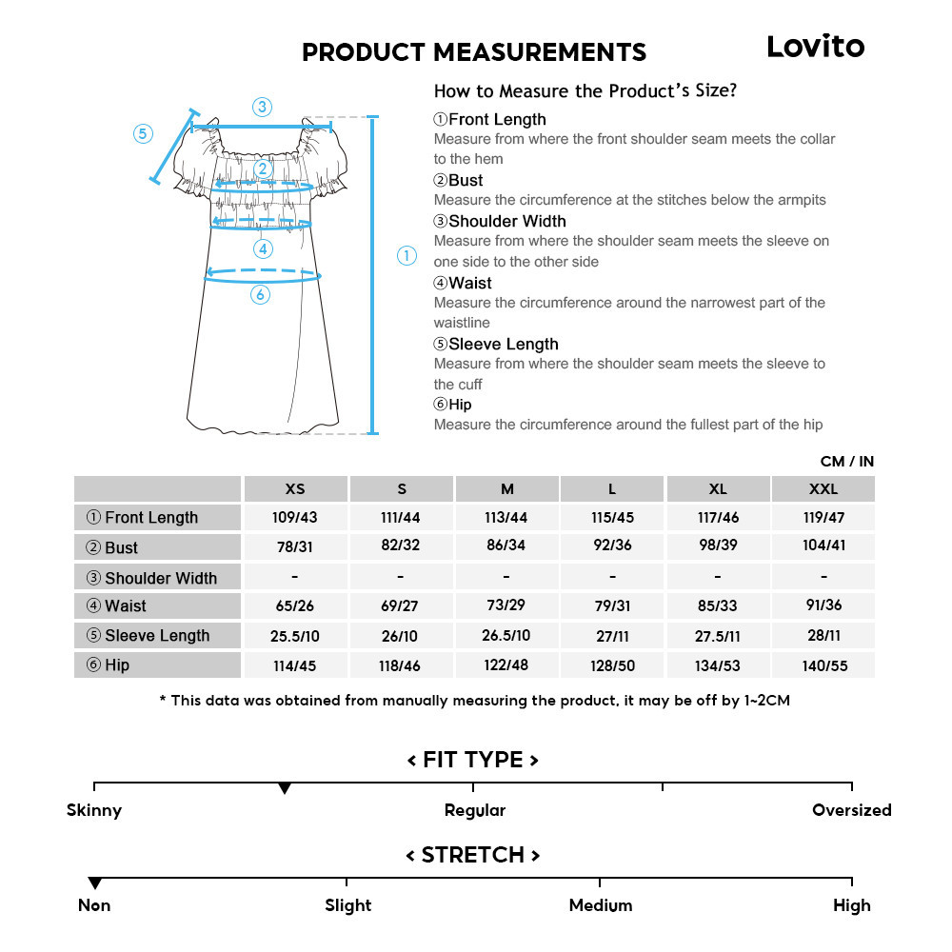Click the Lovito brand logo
pos(816,47)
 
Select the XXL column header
pos(823,489)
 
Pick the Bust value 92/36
pos(612,546)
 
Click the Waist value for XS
pos(295,605)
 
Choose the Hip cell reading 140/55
pos(823,665)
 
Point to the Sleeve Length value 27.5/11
pos(718,635)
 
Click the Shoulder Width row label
pos(158,578)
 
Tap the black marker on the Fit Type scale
pos(284,789)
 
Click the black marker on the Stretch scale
pos(94,883)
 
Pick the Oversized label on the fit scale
pos(851,810)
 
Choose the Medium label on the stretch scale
pos(600,905)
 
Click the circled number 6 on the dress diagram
pos(260,295)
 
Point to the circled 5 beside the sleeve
pos(143,133)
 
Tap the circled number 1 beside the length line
pos(407,255)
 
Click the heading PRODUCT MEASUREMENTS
pos(474,51)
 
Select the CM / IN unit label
pos(846,462)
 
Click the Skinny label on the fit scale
pos(94,810)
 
